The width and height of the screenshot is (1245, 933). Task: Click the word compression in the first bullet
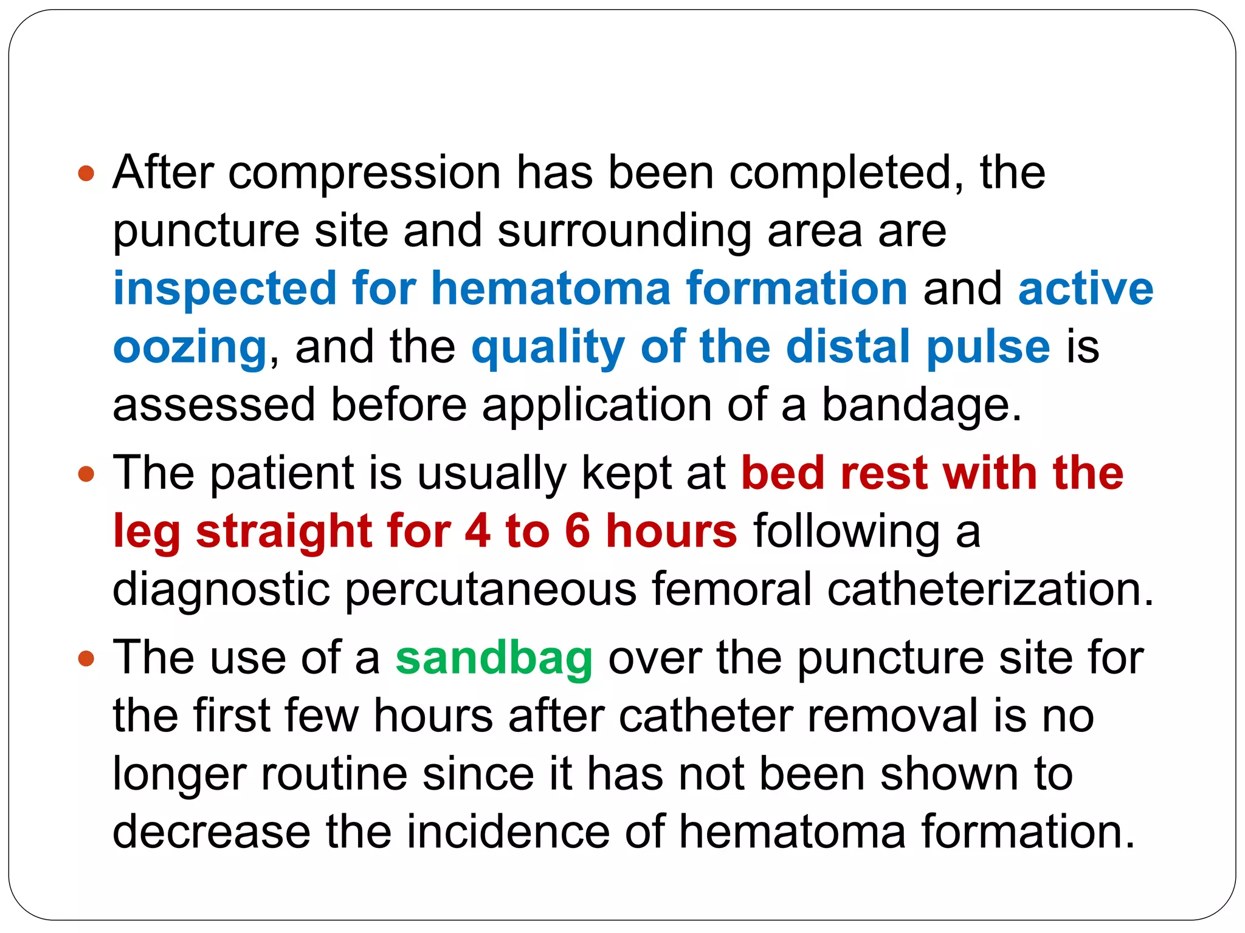point(364,173)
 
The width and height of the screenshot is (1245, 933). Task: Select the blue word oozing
point(190,347)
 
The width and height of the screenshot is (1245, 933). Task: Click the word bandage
point(922,405)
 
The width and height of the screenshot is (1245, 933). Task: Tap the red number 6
point(578,531)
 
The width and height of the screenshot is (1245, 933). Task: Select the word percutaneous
point(491,590)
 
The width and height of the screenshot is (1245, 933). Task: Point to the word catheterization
point(990,589)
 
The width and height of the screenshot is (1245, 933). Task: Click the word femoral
point(732,589)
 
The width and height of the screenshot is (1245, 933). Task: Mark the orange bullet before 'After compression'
point(87,174)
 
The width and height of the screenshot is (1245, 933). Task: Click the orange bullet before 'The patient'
point(87,474)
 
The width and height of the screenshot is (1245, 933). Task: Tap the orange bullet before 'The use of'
point(87,658)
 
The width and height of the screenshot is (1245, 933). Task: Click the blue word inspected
point(225,289)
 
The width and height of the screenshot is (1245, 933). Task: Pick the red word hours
point(671,531)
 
